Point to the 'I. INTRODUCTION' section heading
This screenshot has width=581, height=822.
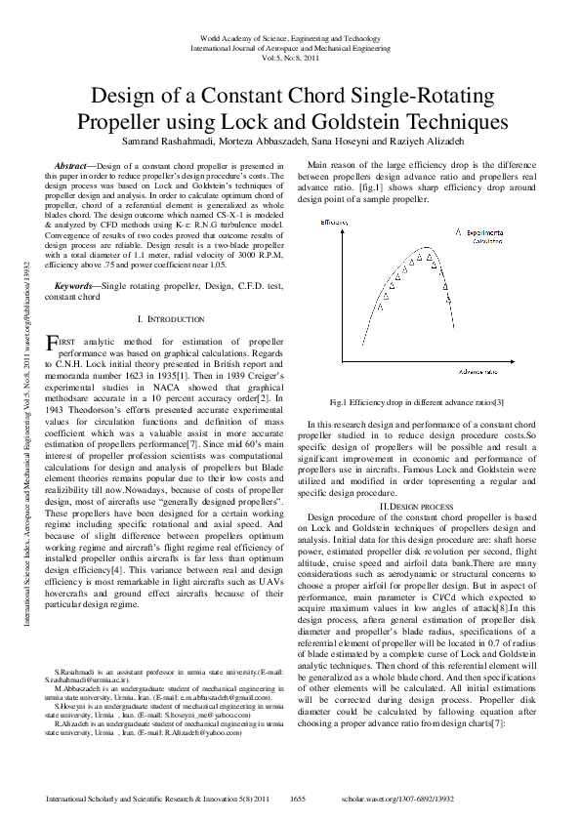[x=171, y=319]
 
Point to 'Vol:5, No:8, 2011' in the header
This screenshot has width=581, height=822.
[x=290, y=57]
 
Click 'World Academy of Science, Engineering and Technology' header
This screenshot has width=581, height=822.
[x=290, y=37]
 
